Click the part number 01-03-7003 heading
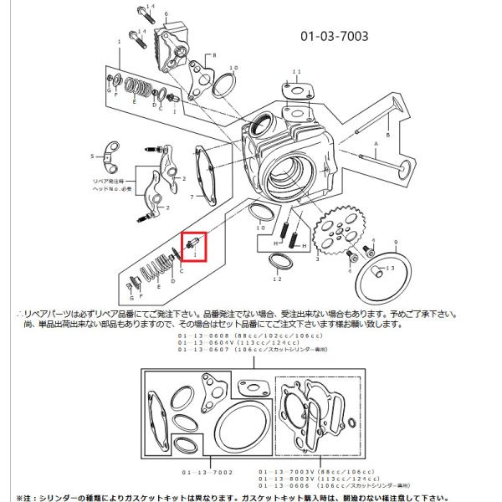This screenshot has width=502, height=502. click(x=334, y=37)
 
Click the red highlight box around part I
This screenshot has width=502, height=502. click(x=194, y=247)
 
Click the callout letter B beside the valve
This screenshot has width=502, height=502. click(x=387, y=134)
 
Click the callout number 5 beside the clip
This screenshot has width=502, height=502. click(x=93, y=156)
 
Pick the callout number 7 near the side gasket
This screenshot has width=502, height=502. click(x=192, y=197)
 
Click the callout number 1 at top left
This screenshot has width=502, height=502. click(x=120, y=41)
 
